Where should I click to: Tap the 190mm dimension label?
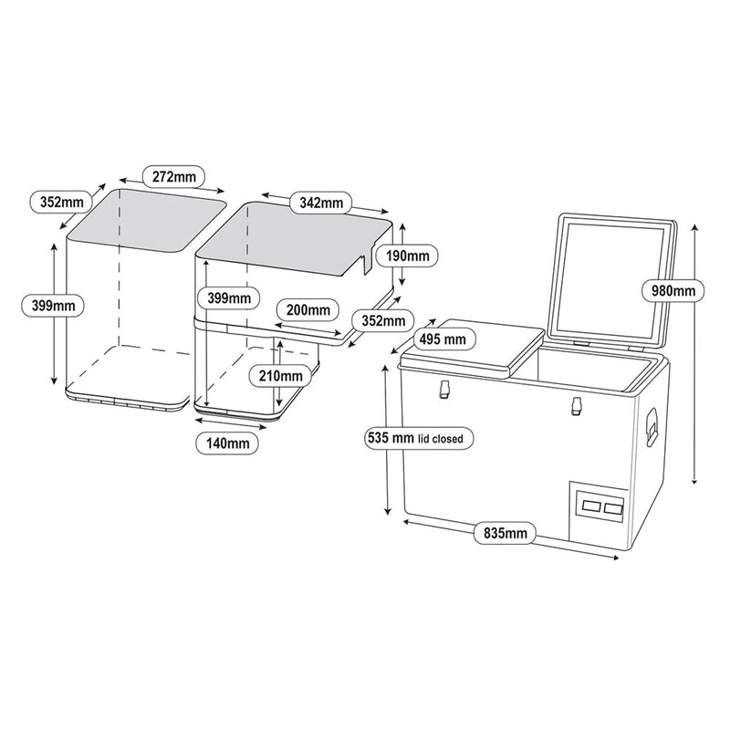(408, 255)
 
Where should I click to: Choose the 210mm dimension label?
(278, 374)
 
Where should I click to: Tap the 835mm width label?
(504, 532)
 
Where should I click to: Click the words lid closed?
(446, 439)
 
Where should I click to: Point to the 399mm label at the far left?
(47, 305)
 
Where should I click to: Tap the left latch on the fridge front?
(444, 390)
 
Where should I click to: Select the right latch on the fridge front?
(576, 406)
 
